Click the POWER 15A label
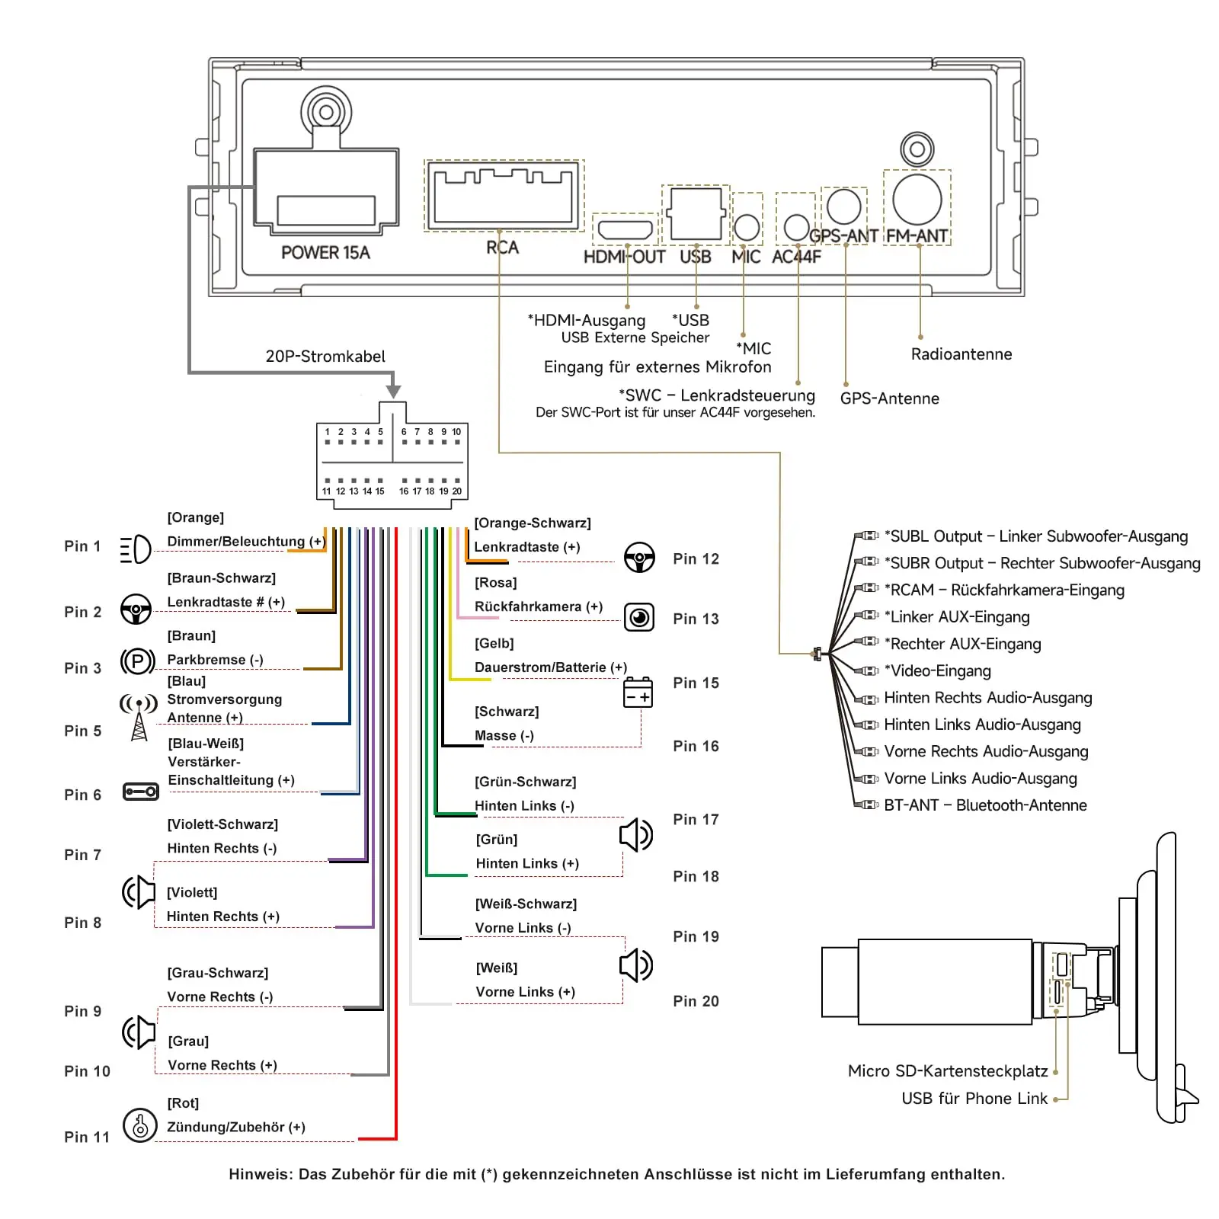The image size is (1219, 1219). coord(325,253)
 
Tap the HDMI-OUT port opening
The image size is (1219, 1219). coord(625,229)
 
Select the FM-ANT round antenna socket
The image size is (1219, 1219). coord(917,200)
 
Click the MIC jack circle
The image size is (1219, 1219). coord(747,227)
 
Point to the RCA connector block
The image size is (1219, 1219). coord(504,196)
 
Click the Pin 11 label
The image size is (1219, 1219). coord(87,1137)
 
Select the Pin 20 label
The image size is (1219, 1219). coord(696,1001)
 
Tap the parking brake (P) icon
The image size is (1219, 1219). coord(138,661)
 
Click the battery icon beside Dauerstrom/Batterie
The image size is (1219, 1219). coord(638,692)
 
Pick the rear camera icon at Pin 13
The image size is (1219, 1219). coord(639,617)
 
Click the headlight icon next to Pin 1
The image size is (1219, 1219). coord(136,549)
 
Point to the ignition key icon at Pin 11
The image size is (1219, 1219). coord(140,1125)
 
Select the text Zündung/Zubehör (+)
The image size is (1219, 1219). coord(236,1127)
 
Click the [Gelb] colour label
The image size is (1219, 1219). coord(494,644)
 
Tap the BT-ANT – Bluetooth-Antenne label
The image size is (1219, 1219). coord(985,805)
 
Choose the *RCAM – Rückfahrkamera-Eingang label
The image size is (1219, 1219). coord(1004,590)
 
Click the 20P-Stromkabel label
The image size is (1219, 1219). coord(325,357)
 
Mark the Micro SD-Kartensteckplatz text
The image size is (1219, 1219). coord(948,1071)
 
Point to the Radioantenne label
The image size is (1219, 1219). coord(961,354)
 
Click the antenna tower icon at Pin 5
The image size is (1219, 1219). coord(139,717)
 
